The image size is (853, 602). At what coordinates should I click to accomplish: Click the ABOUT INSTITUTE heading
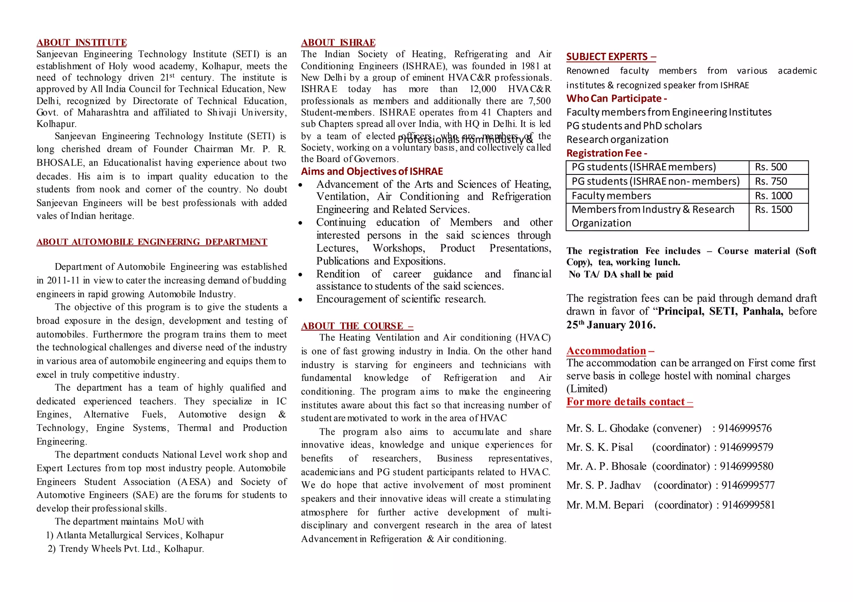click(82, 42)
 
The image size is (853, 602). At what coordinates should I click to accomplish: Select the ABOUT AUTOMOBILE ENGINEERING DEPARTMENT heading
click(152, 242)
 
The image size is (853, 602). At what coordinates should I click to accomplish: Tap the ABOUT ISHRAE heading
click(338, 42)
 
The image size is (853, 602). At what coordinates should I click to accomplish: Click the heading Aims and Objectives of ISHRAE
click(372, 172)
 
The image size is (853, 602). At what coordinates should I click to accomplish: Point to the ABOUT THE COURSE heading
click(357, 326)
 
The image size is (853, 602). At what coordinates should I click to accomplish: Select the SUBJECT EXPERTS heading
click(611, 57)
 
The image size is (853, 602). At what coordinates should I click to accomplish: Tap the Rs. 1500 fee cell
click(773, 210)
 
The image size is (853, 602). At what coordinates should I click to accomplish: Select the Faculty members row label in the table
click(611, 196)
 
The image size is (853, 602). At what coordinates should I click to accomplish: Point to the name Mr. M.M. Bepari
click(605, 505)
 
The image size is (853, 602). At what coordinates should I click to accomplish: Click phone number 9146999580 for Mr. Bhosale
click(746, 466)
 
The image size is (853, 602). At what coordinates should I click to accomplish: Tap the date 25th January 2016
click(611, 325)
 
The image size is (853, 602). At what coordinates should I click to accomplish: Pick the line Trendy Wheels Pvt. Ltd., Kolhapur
click(132, 549)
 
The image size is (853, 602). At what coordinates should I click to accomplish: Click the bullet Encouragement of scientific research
click(401, 299)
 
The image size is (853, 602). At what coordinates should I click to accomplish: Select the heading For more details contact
click(629, 402)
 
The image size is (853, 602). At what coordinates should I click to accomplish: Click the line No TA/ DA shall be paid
click(621, 274)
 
